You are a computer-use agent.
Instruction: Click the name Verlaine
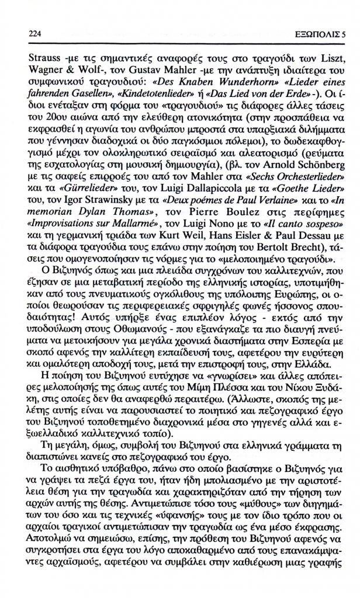[244, 211]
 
